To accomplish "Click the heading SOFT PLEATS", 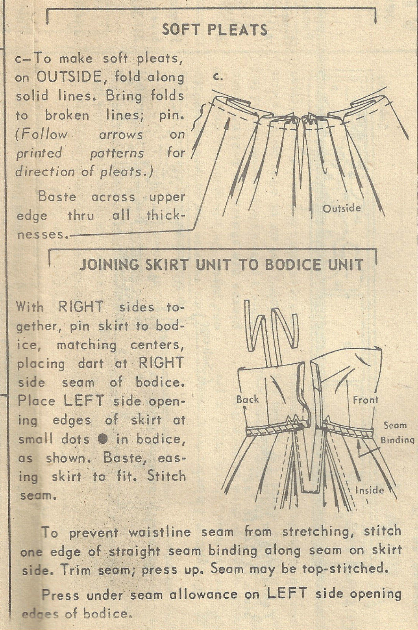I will click(x=215, y=30).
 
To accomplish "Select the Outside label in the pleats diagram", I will click(x=342, y=208).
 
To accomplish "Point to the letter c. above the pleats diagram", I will click(x=219, y=77).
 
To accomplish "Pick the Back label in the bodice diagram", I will click(x=248, y=399).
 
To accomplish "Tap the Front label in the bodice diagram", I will click(x=365, y=400).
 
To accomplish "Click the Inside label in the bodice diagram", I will click(x=369, y=490).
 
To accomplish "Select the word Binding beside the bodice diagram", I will click(x=398, y=440).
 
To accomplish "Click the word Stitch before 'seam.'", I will click(x=166, y=476).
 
